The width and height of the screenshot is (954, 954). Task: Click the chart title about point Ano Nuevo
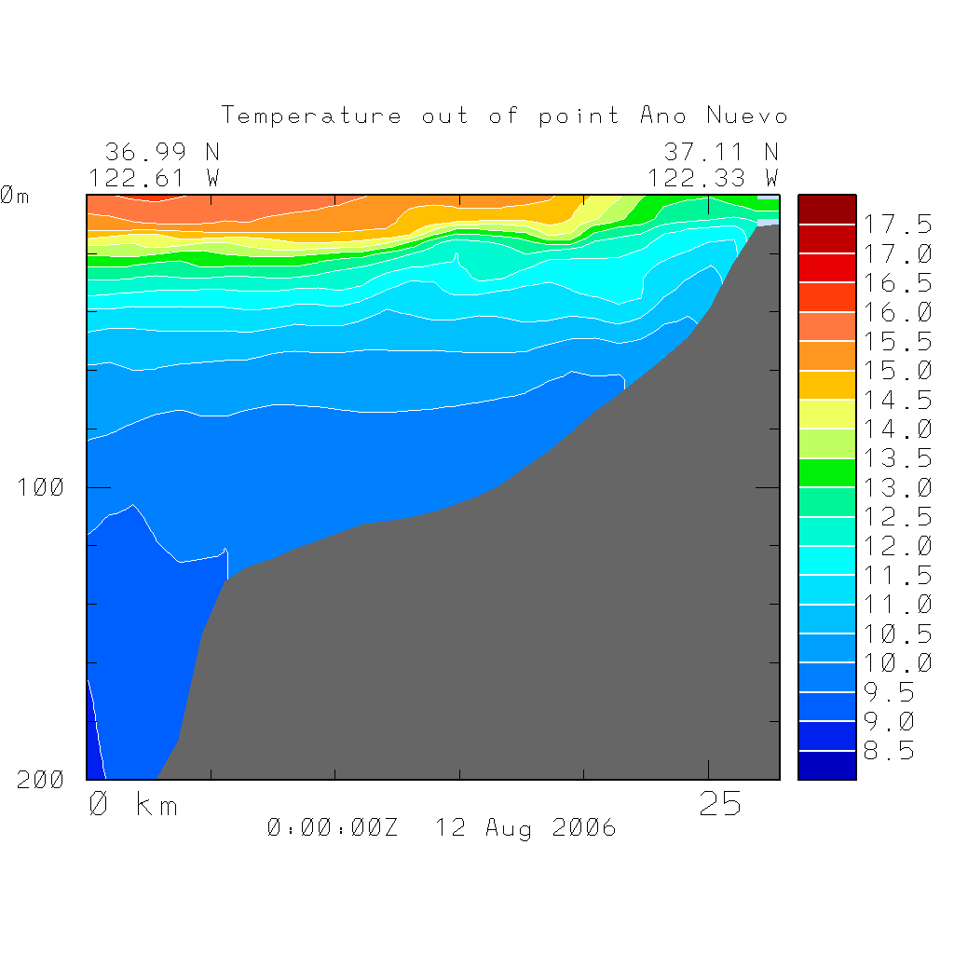[505, 116]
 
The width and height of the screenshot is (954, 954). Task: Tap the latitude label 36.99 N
[161, 151]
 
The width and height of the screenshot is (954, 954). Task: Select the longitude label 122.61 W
[154, 177]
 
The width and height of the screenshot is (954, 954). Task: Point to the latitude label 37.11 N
[720, 151]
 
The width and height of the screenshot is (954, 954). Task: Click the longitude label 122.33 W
[713, 177]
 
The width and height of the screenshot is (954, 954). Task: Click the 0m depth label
[14, 196]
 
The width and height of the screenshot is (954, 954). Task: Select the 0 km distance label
[132, 804]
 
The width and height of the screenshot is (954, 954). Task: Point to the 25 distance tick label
[720, 804]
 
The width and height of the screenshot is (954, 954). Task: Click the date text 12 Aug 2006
[525, 827]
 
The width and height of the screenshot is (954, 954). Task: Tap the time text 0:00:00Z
[332, 827]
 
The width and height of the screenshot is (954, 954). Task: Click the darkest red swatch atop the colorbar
[826, 210]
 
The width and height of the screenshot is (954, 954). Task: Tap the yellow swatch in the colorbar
[826, 414]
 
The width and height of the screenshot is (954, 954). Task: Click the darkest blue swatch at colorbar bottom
[826, 765]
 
